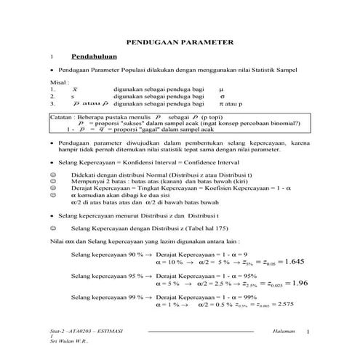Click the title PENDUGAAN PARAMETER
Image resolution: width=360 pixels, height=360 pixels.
[180, 43]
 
